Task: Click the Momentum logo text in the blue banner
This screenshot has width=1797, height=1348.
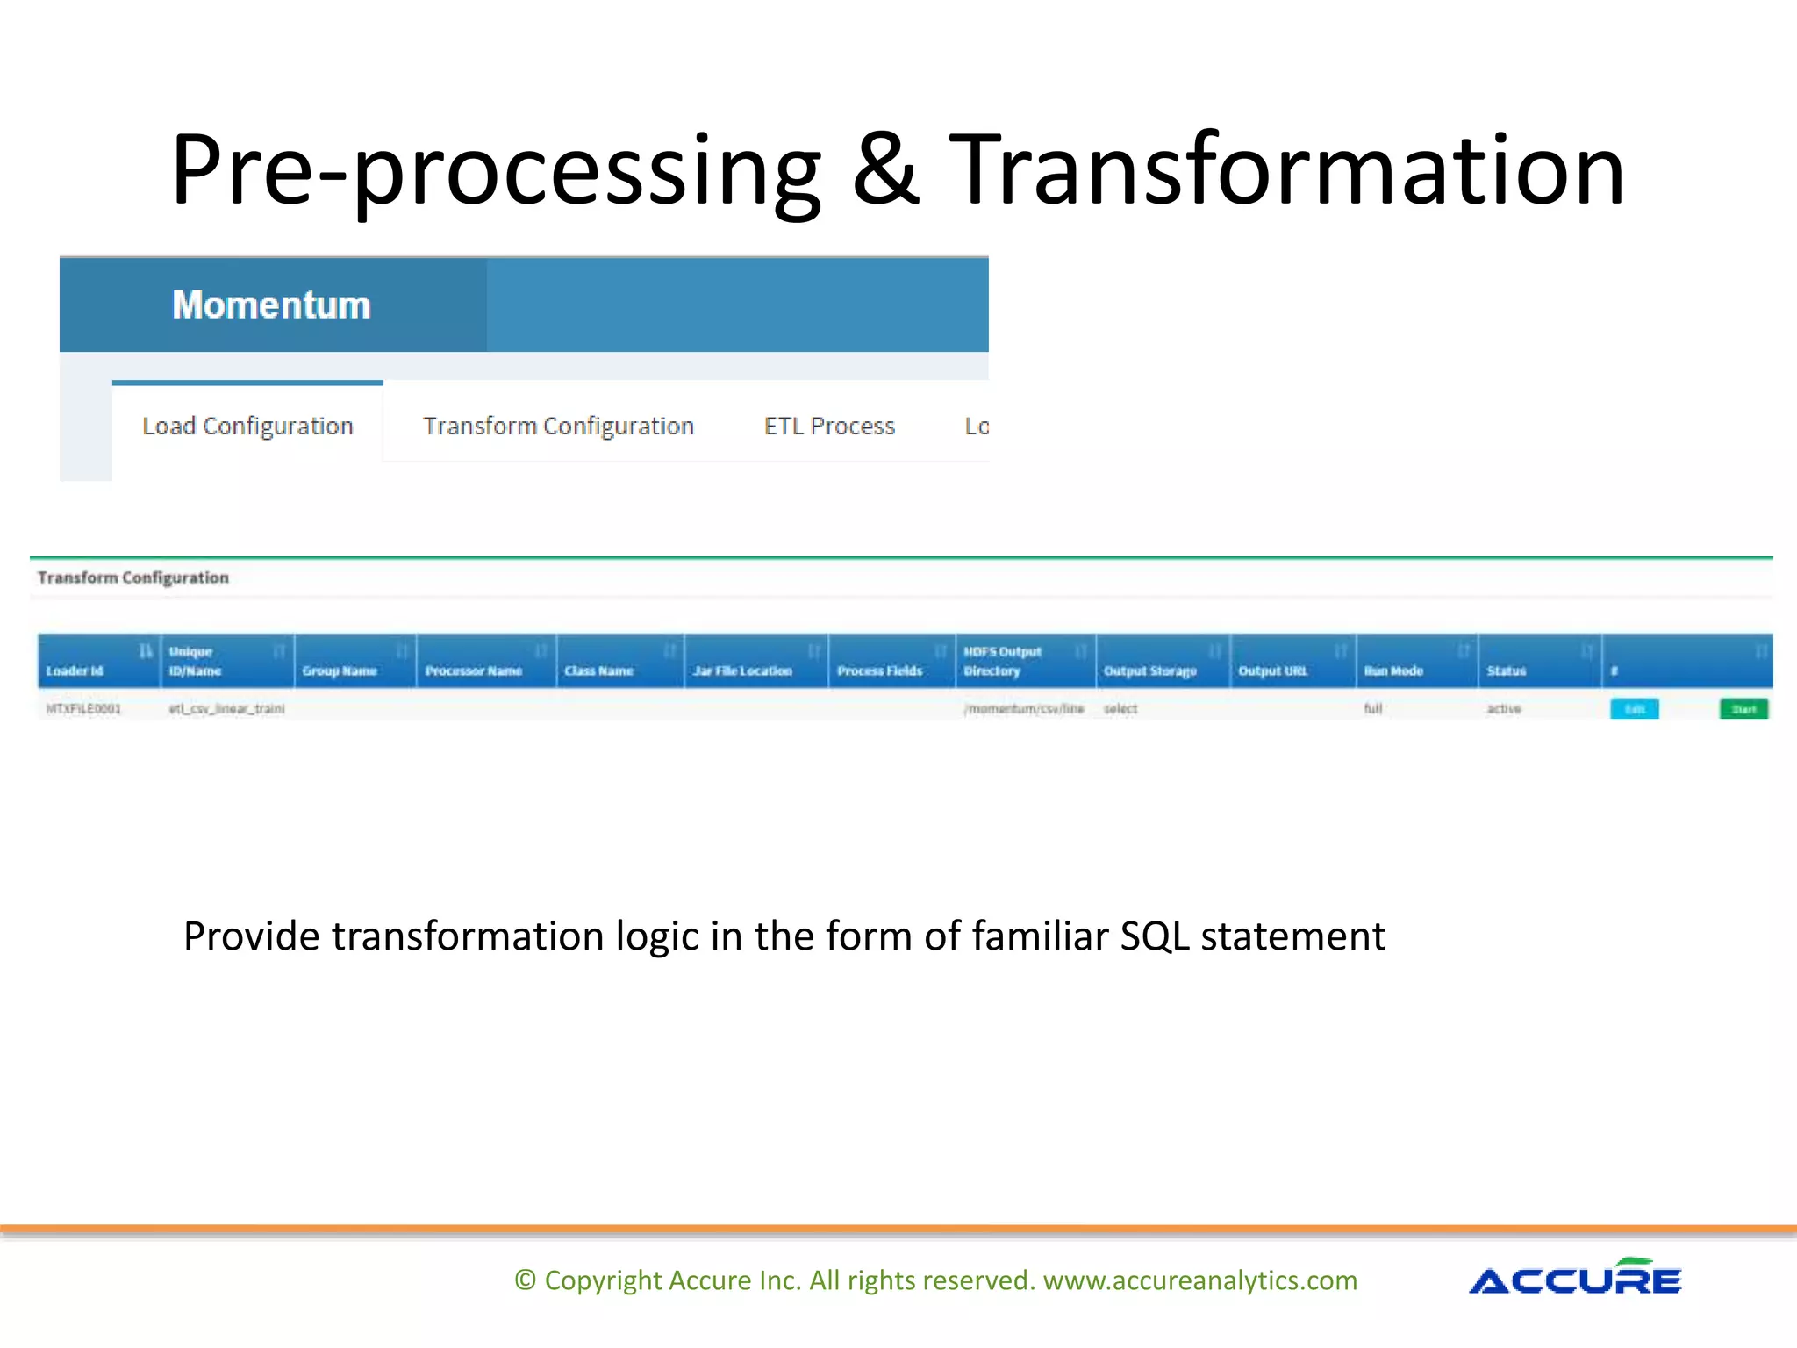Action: pyautogui.click(x=271, y=305)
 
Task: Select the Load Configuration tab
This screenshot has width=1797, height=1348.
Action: pyautogui.click(x=247, y=427)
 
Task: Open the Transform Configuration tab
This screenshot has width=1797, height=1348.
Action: pyautogui.click(x=558, y=427)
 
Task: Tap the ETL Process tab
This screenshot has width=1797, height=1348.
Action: pyautogui.click(x=829, y=427)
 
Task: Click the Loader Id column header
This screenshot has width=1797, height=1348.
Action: pyautogui.click(x=75, y=670)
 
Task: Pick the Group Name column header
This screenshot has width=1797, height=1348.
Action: pyautogui.click(x=340, y=670)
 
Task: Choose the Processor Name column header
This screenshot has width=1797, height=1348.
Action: pyautogui.click(x=474, y=670)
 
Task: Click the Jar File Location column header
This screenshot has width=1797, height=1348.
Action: pyautogui.click(x=742, y=670)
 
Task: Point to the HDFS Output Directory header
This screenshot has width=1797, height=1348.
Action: pyautogui.click(x=1002, y=661)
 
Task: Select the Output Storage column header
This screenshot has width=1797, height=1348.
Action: pyautogui.click(x=1149, y=670)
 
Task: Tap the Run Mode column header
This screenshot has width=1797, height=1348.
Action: pyautogui.click(x=1393, y=670)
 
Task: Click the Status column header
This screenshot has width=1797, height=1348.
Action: pyautogui.click(x=1506, y=670)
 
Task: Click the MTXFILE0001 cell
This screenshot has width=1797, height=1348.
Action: pyautogui.click(x=83, y=708)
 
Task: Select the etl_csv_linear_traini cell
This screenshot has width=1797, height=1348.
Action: pyautogui.click(x=226, y=708)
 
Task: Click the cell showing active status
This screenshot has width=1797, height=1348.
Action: pyautogui.click(x=1503, y=708)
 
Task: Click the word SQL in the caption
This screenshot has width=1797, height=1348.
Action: pyautogui.click(x=1155, y=936)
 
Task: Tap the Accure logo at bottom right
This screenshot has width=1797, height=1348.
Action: pyautogui.click(x=1575, y=1279)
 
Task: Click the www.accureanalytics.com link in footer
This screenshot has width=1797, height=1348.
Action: pyautogui.click(x=1199, y=1280)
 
